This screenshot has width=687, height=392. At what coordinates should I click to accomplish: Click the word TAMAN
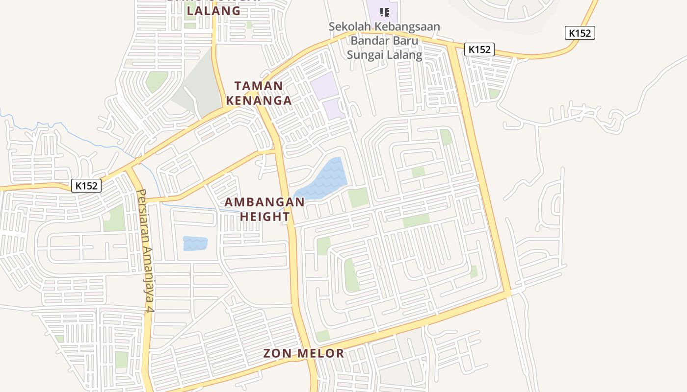pyautogui.click(x=259, y=86)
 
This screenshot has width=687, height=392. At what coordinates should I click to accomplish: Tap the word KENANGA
pyautogui.click(x=259, y=100)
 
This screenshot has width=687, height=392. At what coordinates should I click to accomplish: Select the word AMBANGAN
pyautogui.click(x=264, y=202)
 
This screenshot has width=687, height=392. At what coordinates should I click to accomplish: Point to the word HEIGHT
pyautogui.click(x=264, y=216)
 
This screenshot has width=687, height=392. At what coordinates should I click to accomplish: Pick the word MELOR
pyautogui.click(x=321, y=353)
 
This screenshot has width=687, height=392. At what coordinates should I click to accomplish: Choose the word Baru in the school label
pyautogui.click(x=405, y=40)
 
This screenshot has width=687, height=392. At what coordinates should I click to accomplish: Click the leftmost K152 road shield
pyautogui.click(x=86, y=186)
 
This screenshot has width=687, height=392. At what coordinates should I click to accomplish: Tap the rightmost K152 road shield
pyautogui.click(x=580, y=33)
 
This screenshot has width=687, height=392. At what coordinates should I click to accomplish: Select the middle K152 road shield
pyautogui.click(x=479, y=49)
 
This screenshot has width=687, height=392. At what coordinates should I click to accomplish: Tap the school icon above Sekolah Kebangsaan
pyautogui.click(x=385, y=12)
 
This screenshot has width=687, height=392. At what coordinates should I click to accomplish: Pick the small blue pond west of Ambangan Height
pyautogui.click(x=195, y=244)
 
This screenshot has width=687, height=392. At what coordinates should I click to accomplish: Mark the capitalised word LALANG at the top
pyautogui.click(x=214, y=10)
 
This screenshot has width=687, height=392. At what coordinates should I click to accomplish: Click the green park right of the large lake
pyautogui.click(x=358, y=197)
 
